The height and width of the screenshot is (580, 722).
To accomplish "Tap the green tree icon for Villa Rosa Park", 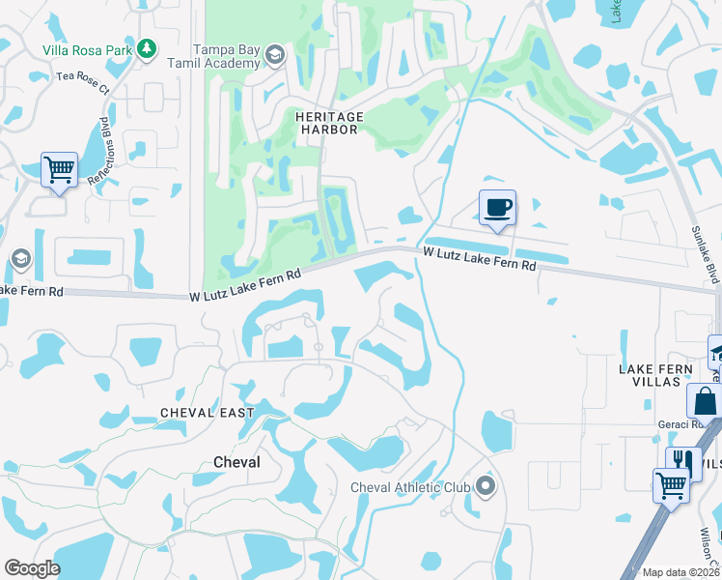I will point(146,48).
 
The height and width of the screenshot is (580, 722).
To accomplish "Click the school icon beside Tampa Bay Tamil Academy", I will point(274,55).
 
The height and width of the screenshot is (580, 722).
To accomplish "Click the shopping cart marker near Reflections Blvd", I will point(59,170).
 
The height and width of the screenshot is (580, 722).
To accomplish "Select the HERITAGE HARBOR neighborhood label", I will point(329,123).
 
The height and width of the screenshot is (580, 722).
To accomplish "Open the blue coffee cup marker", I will point(497,208).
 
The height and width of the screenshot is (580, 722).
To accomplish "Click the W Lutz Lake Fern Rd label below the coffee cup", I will point(479,257).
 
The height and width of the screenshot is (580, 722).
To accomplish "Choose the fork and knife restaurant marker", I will point(683,462).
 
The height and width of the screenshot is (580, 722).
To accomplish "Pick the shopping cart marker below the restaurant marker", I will point(672,485).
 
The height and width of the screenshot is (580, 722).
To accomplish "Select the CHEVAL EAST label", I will point(207,413).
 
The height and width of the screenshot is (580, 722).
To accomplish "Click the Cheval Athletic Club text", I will point(410,487).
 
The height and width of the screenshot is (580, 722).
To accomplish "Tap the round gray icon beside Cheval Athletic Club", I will point(485,485).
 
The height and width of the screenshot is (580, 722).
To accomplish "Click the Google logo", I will point(32,568).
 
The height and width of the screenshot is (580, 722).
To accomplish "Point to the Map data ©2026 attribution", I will point(680,572).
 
